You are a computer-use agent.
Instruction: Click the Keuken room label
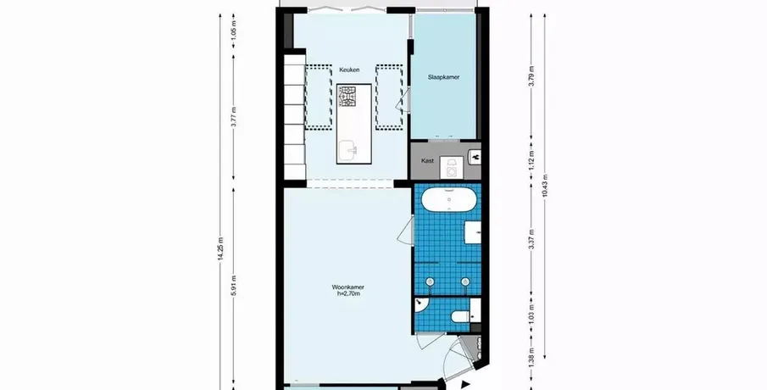(x=349, y=70)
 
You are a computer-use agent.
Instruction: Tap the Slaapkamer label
(x=443, y=77)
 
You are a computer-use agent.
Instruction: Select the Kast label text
(x=427, y=160)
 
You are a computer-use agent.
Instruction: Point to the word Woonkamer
(x=347, y=287)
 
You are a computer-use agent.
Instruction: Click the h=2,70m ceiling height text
(x=347, y=293)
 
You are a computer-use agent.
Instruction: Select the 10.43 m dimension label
(x=545, y=186)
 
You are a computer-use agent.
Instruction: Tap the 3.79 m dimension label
(x=531, y=75)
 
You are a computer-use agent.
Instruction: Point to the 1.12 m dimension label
(x=531, y=159)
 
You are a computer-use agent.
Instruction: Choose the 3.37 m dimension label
(x=531, y=239)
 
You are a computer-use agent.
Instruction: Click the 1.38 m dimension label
(x=531, y=357)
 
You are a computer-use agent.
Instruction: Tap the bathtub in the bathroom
(x=448, y=199)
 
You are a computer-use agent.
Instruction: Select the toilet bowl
(x=460, y=316)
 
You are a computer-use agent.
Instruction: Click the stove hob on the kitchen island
(x=347, y=97)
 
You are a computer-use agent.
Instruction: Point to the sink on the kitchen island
(x=347, y=149)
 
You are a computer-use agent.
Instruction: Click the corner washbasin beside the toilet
(x=420, y=305)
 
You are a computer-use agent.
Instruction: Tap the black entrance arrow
(x=465, y=385)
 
